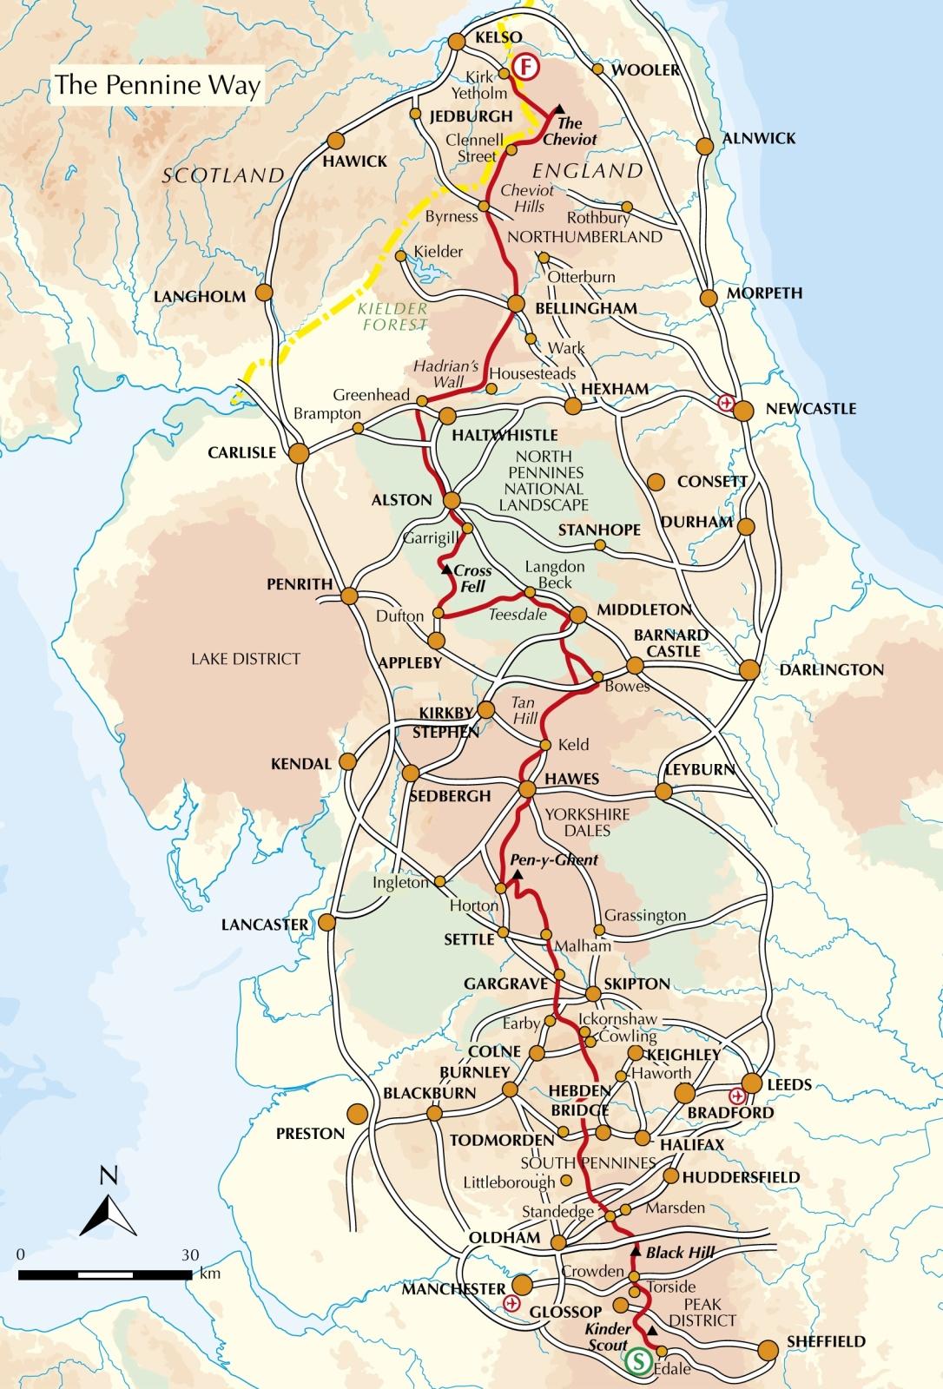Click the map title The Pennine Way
pos(157,86)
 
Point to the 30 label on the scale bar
pos(190,1255)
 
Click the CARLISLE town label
pos(241,452)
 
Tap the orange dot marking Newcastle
pos(744,411)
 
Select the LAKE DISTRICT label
pos(245,659)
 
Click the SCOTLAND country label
pos(224,176)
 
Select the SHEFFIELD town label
pos(826,1341)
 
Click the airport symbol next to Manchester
pos(511,1303)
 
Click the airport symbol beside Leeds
pos(736,1096)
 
